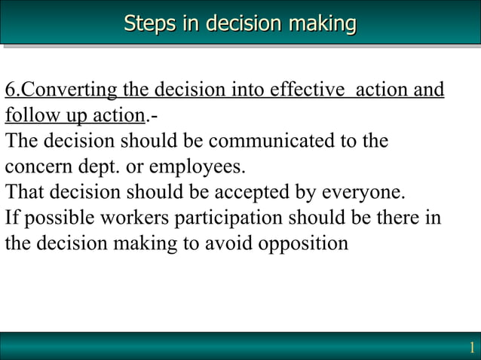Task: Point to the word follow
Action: pos(29,117)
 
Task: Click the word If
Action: pos(11,218)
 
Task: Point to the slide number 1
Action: pos(471,348)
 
